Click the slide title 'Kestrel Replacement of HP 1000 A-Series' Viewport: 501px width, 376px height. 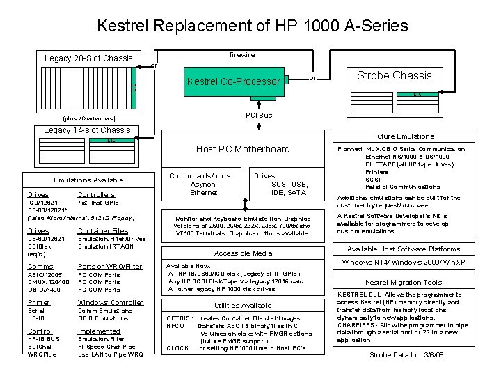252,26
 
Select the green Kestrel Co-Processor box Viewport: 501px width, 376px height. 234,82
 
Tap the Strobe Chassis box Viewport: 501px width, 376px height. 394,75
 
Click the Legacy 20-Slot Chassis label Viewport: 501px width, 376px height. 88,58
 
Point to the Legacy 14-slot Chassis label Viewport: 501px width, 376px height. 86,130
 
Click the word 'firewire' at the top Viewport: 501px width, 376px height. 242,54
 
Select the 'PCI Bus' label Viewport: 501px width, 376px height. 259,115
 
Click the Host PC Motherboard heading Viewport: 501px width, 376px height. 243,149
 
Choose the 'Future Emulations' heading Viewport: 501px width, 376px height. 403,136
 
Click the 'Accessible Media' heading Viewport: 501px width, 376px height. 243,253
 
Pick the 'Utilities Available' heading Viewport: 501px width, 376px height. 243,306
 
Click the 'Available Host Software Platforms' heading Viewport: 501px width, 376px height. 403,249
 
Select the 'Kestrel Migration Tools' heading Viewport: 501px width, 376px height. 404,283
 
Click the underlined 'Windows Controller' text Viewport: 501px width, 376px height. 110,303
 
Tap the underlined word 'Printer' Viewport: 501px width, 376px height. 39,303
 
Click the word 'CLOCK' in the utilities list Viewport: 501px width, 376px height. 177,347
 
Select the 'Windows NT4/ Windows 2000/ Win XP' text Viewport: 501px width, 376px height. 404,263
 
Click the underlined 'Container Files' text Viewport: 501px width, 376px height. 103,230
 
